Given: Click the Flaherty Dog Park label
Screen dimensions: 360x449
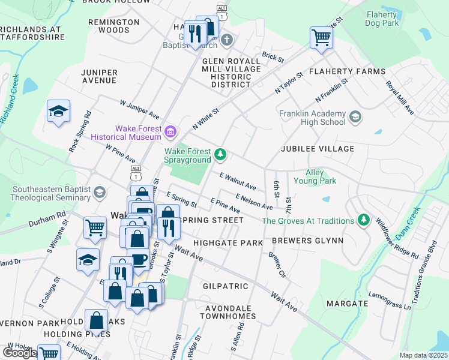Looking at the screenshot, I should click(382, 19).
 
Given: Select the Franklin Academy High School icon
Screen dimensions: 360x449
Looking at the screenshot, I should click(355, 116).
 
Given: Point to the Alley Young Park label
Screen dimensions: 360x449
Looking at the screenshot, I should click(315, 176).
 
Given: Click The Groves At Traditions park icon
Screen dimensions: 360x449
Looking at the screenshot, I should click(363, 220).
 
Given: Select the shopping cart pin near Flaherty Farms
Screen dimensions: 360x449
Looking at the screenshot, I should click(321, 38).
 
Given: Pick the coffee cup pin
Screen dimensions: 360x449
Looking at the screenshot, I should click(138, 259).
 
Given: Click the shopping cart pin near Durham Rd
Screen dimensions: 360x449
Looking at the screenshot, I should click(95, 227).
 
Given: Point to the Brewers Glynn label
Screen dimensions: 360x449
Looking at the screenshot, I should click(307, 241).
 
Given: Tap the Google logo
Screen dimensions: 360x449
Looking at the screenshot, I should click(19, 353).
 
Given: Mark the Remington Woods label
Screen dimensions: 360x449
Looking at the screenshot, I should click(114, 26).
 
